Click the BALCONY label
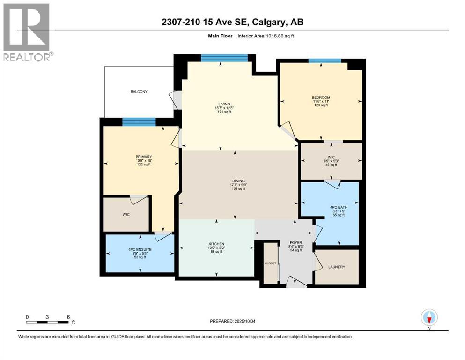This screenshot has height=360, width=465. pyautogui.click(x=139, y=92)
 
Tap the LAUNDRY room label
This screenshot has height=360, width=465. pyautogui.click(x=337, y=267)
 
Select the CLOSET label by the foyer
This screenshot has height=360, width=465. pyautogui.click(x=270, y=263)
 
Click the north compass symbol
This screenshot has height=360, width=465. pyautogui.click(x=429, y=318)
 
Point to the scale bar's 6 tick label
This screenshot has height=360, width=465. pyautogui.click(x=68, y=317)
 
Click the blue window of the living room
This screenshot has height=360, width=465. pyautogui.click(x=224, y=58)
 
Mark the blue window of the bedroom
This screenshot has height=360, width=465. pyautogui.click(x=325, y=60)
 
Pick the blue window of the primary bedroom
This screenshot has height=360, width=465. pyautogui.click(x=139, y=121)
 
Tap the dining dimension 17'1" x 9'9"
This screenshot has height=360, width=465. pyautogui.click(x=238, y=185)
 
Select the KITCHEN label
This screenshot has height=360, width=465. pyautogui.click(x=216, y=244)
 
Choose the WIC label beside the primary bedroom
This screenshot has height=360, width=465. pyautogui.click(x=125, y=215)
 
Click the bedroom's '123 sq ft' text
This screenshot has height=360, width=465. pyautogui.click(x=320, y=105)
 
